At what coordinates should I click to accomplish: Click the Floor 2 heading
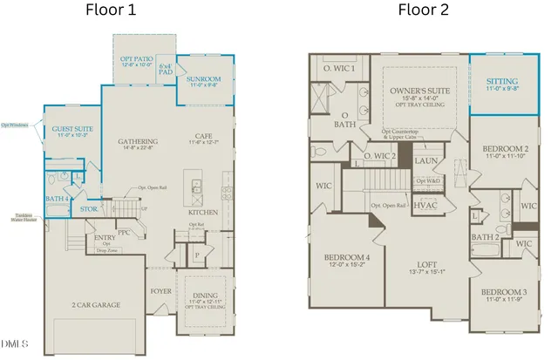[425, 10]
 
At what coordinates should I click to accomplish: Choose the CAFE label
[203, 135]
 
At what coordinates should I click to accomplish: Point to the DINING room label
[207, 294]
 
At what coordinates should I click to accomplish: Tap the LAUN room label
[425, 161]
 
